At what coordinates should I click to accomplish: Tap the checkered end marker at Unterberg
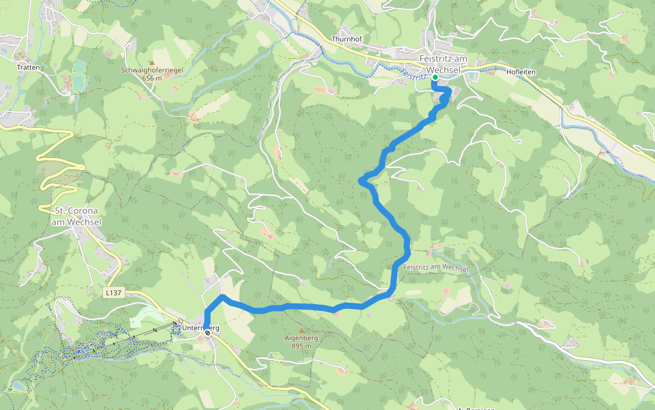click(x=207, y=333)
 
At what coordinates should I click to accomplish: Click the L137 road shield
click(x=113, y=292)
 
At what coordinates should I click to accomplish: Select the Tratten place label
click(x=29, y=68)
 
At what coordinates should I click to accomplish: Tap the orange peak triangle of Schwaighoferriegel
click(x=151, y=62)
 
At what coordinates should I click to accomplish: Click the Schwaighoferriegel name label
click(x=151, y=70)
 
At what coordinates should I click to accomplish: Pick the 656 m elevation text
click(x=151, y=78)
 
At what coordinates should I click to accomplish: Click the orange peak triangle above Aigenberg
click(x=301, y=330)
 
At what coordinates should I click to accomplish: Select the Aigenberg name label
click(x=301, y=338)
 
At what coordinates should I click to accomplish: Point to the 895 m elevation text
click(x=301, y=346)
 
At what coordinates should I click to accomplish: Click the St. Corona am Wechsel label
click(x=76, y=216)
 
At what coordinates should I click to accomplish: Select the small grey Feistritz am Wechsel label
click(x=436, y=266)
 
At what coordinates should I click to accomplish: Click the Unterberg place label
click(x=201, y=328)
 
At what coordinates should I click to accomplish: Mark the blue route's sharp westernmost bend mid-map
click(x=361, y=180)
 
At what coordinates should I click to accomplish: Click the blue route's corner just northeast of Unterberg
click(x=222, y=297)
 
